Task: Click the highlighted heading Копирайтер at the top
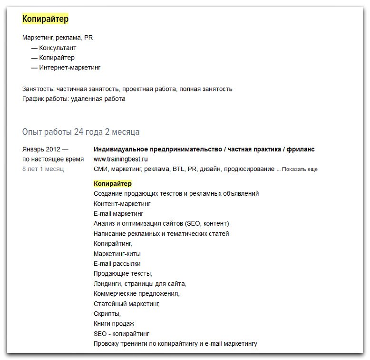pyautogui.click(x=45, y=19)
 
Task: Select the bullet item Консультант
pyautogui.click(x=58, y=48)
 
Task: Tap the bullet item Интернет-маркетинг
pyautogui.click(x=69, y=68)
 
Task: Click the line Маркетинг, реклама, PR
pyautogui.click(x=58, y=38)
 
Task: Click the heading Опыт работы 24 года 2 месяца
pyautogui.click(x=81, y=132)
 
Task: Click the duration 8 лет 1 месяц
pyautogui.click(x=43, y=169)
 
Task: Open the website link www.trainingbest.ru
pyautogui.click(x=120, y=159)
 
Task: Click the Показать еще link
pyautogui.click(x=300, y=170)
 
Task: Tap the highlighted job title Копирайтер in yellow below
pyautogui.click(x=113, y=184)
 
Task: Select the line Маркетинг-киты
pyautogui.click(x=117, y=254)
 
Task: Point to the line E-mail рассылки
pyautogui.click(x=117, y=264)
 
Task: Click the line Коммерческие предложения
pyautogui.click(x=136, y=294)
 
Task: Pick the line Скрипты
pyautogui.click(x=107, y=314)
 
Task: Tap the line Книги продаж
pyautogui.click(x=114, y=324)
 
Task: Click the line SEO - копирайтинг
pyautogui.click(x=122, y=334)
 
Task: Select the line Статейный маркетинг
pyautogui.click(x=127, y=304)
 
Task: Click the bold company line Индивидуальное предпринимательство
pyautogui.click(x=204, y=150)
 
